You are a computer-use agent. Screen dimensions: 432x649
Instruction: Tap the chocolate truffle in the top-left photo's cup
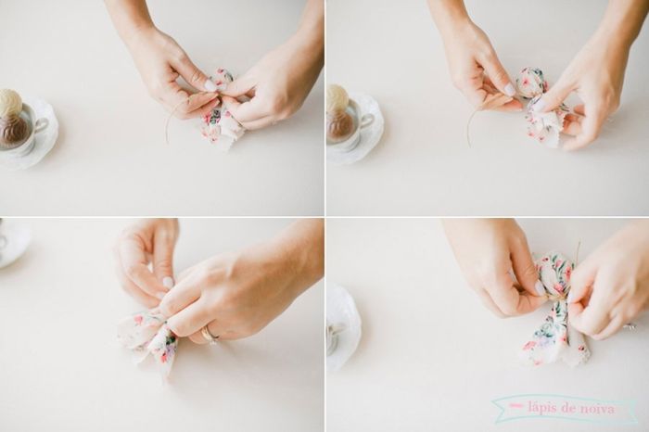[x=13, y=129]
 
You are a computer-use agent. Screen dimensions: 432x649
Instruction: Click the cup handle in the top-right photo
[x=367, y=121]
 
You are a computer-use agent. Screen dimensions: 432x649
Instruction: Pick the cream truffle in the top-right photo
[x=337, y=96]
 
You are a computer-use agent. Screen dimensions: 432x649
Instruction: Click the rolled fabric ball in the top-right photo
[x=531, y=82]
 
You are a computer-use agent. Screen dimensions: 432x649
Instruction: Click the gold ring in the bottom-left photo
[x=210, y=333]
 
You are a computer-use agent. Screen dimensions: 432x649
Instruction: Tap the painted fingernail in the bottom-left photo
[x=168, y=282]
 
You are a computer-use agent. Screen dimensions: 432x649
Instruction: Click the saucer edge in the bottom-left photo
[x=13, y=243]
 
